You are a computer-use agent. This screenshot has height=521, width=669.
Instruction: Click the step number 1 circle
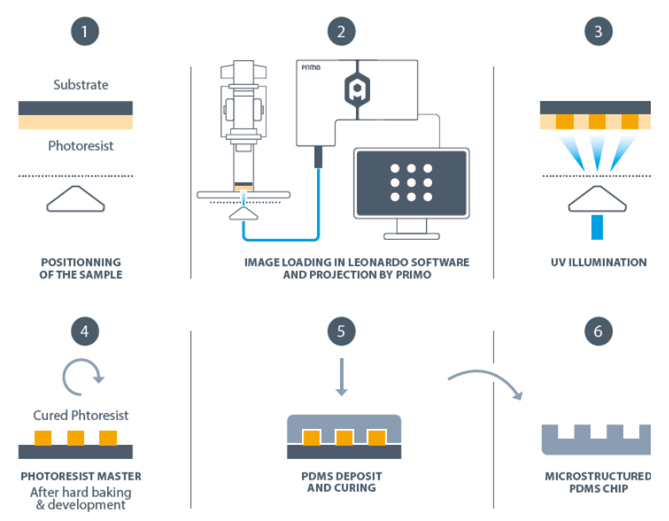click(84, 33)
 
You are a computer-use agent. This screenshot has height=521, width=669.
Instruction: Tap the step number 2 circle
click(342, 33)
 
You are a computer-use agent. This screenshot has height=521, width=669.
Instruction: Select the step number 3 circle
click(598, 33)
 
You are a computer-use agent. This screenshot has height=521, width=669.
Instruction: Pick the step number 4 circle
click(84, 331)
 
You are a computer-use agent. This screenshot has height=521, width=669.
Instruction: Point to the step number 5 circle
click(342, 331)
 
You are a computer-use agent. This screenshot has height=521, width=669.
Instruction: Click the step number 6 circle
click(598, 331)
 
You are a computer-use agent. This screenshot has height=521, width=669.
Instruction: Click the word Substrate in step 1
click(81, 84)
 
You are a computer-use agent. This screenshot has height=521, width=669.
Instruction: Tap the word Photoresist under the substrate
click(81, 146)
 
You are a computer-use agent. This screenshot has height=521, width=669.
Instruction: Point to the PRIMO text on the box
click(312, 68)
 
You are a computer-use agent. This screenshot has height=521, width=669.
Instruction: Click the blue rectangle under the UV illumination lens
click(599, 226)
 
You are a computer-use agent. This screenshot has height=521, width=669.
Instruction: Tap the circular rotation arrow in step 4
click(83, 379)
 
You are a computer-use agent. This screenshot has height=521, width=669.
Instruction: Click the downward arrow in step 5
click(342, 377)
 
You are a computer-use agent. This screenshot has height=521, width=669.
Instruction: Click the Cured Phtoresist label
click(81, 415)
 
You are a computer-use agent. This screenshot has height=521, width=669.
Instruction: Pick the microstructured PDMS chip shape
click(596, 440)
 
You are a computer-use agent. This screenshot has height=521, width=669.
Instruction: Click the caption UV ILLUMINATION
click(599, 262)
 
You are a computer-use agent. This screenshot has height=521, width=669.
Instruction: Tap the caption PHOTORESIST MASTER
click(81, 477)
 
